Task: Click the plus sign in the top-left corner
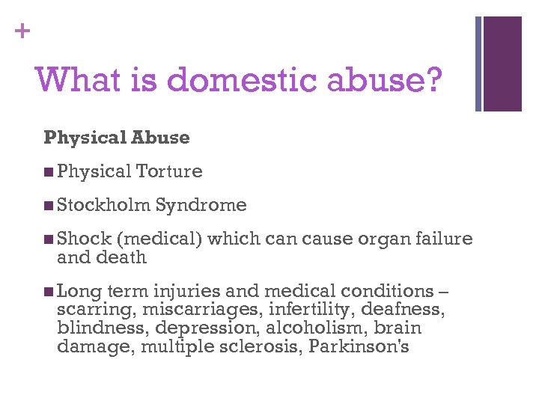pos(24,31)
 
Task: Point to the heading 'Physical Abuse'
pos(117,138)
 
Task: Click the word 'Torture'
pos(169,171)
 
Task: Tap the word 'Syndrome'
pos(201,205)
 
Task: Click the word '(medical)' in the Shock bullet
pos(159,239)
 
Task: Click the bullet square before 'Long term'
pos(49,292)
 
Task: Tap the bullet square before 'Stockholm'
pos(49,206)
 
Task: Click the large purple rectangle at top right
pos(502,64)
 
